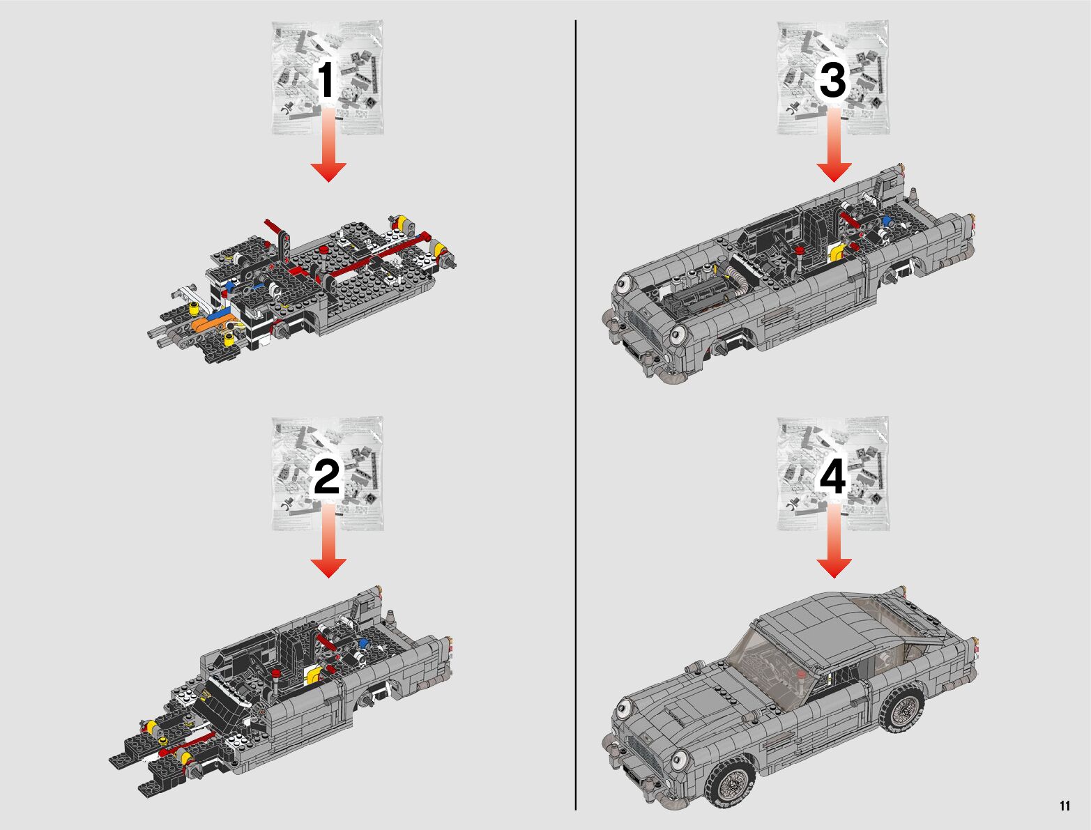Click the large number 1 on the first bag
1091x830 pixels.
coord(326,79)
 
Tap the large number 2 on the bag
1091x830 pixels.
coord(326,477)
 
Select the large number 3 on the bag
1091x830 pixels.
coord(832,79)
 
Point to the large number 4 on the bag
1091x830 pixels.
coord(832,477)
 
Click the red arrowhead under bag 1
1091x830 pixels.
coord(328,172)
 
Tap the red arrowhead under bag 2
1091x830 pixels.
coord(328,568)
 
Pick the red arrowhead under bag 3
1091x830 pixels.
coord(834,172)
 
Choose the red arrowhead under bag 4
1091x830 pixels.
coord(834,568)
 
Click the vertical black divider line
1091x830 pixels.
coord(576,415)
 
